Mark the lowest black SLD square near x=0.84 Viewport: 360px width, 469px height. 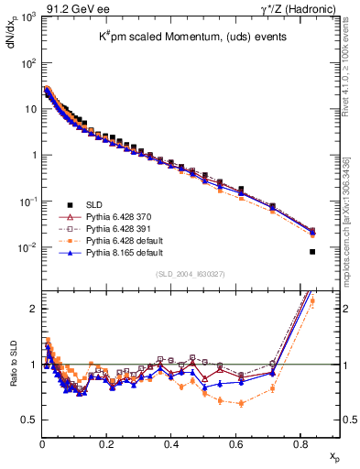[x=312, y=252]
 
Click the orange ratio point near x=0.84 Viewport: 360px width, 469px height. [x=312, y=300]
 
